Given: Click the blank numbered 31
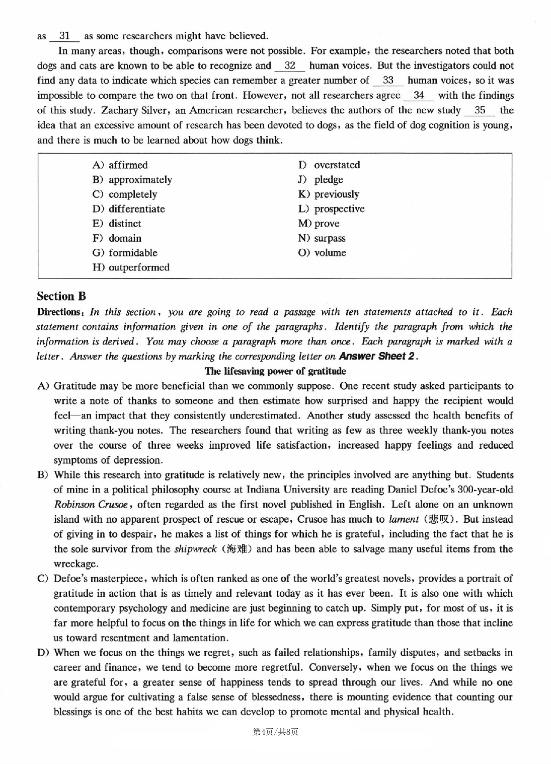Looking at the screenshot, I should click(x=64, y=36).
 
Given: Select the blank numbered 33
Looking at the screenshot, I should click(x=388, y=81).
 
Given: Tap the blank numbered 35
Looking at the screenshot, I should click(x=480, y=110).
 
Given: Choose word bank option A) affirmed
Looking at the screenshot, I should click(x=120, y=165).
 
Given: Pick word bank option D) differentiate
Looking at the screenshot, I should click(x=128, y=209).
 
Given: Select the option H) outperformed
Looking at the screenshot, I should click(x=131, y=267).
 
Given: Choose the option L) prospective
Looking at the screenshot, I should click(x=331, y=209).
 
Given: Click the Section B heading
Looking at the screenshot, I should click(x=61, y=296).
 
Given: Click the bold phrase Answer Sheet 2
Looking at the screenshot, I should click(x=378, y=357).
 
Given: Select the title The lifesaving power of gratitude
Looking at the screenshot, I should click(x=275, y=371).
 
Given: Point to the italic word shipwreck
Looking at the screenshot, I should click(x=195, y=549).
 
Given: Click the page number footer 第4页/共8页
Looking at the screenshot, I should click(x=275, y=732).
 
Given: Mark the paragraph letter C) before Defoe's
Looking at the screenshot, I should click(x=43, y=579).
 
